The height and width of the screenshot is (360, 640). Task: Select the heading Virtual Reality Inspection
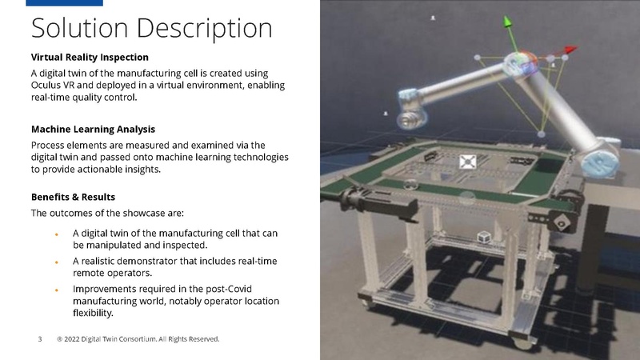(90, 58)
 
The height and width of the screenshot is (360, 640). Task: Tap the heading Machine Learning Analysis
(93, 129)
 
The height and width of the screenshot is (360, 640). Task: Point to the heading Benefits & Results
(73, 197)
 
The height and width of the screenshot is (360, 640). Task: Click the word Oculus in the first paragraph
(49, 86)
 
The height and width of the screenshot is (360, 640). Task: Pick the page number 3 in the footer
(40, 339)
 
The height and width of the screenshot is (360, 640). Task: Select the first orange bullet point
(56, 234)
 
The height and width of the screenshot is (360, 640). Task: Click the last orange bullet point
(56, 289)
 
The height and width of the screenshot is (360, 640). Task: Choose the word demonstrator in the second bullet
(155, 261)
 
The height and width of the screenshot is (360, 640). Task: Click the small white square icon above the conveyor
(468, 162)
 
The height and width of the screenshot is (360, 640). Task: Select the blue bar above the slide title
(64, 3)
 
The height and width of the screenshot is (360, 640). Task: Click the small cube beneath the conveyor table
(483, 238)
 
